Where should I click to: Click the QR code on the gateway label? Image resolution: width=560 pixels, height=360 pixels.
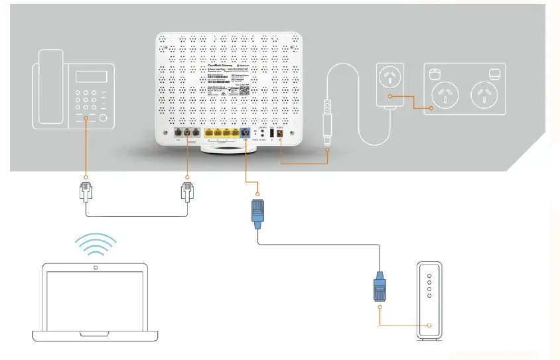pyautogui.click(x=244, y=91)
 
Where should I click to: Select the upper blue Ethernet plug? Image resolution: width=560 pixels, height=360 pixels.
pyautogui.click(x=257, y=211)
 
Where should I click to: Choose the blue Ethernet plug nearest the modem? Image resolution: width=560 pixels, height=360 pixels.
pyautogui.click(x=380, y=287)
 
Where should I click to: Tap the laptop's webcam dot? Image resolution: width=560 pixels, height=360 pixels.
pyautogui.click(x=95, y=268)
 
